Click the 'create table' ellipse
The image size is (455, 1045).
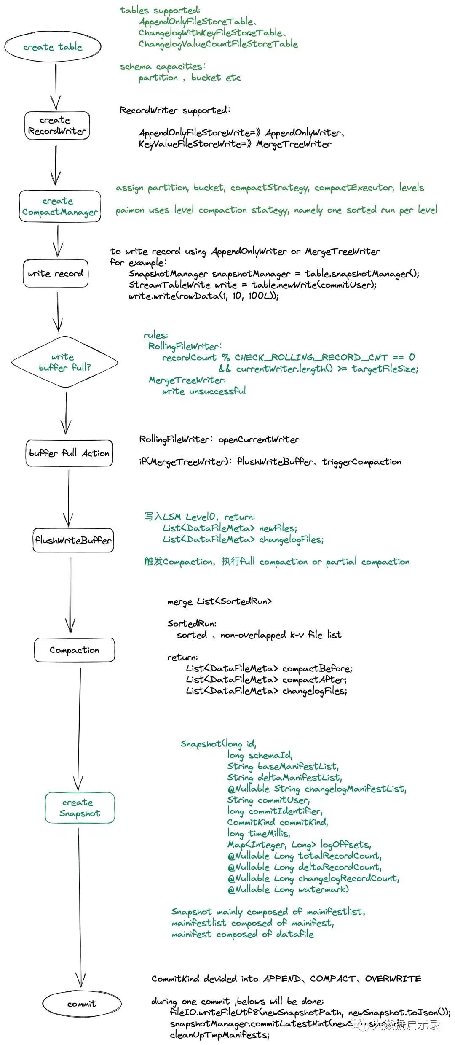pyautogui.click(x=53, y=46)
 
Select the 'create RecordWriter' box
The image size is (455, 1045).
pyautogui.click(x=57, y=126)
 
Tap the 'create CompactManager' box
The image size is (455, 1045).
pyautogui.click(x=60, y=207)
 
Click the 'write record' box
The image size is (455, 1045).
pyautogui.click(x=56, y=274)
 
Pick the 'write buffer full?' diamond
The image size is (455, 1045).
pyautogui.click(x=64, y=362)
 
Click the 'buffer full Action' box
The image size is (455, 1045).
pyautogui.click(x=69, y=453)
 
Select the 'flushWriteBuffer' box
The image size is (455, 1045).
pyautogui.click(x=73, y=540)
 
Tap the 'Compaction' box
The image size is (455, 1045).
pyautogui.click(x=74, y=650)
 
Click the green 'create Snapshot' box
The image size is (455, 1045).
pyautogui.click(x=80, y=808)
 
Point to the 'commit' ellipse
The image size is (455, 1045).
pyautogui.click(x=82, y=1004)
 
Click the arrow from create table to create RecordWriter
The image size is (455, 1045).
pyautogui.click(x=56, y=86)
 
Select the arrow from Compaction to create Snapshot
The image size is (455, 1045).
pyautogui.click(x=79, y=725)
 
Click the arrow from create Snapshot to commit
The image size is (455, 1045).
pyautogui.click(x=79, y=902)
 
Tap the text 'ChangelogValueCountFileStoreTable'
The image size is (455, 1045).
pyautogui.click(x=218, y=44)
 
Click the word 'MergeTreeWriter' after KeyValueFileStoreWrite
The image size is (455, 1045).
pyautogui.click(x=294, y=144)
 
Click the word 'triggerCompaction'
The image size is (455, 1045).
pyautogui.click(x=361, y=462)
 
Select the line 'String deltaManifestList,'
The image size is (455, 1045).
pyautogui.click(x=284, y=777)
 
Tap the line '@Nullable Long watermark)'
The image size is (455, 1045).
pyautogui.click(x=288, y=889)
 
